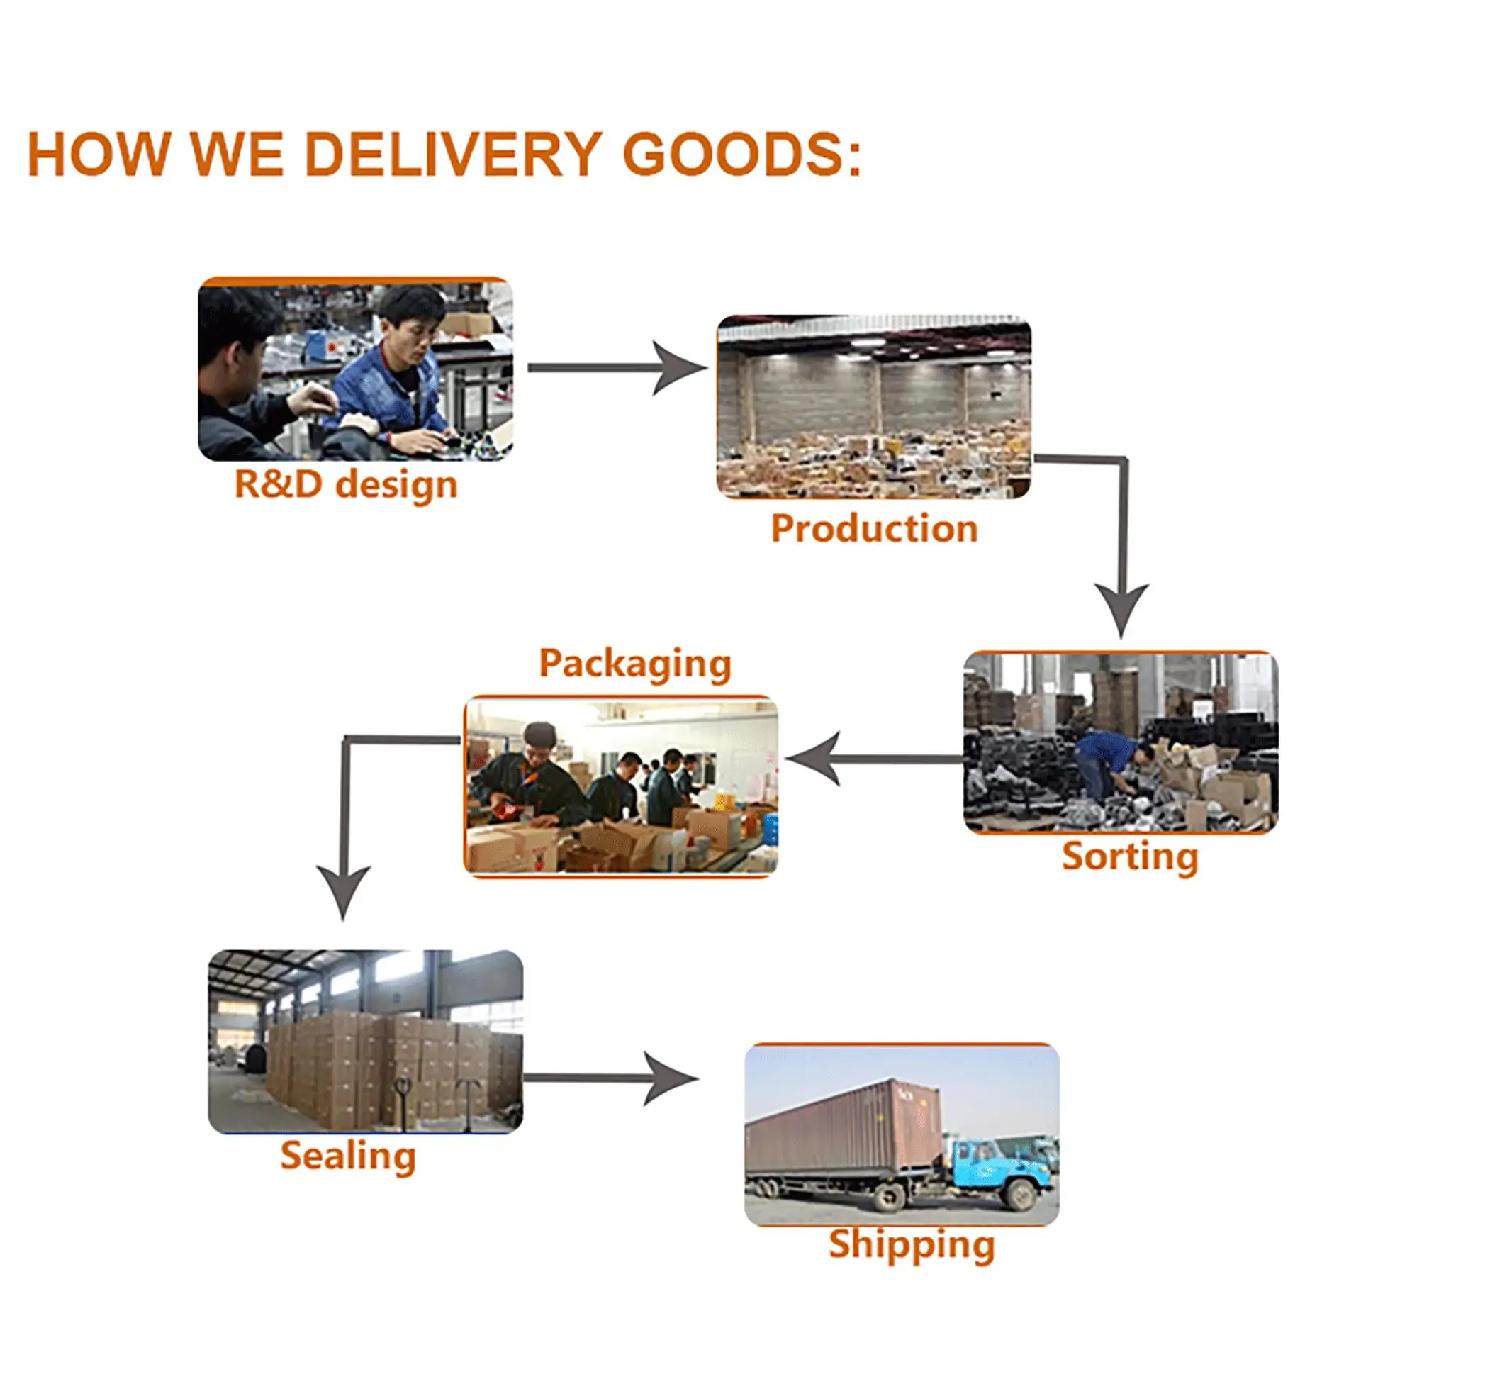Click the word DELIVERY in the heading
453,155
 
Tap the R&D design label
346,484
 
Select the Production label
874,528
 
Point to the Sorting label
1129,855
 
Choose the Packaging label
635,663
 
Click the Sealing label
348,1156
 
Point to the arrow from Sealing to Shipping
610,1078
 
